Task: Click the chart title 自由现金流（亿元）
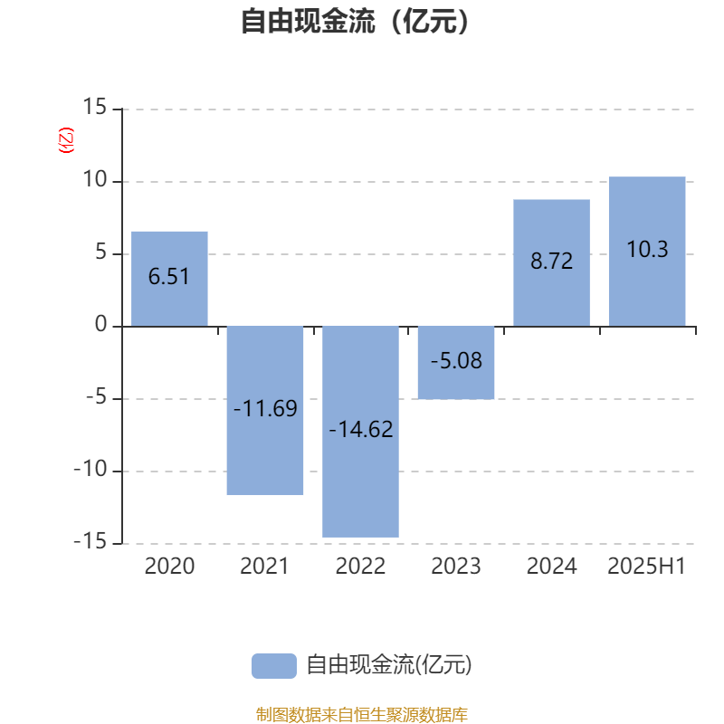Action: pyautogui.click(x=355, y=21)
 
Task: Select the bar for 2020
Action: pyautogui.click(x=169, y=279)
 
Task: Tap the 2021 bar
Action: pyautogui.click(x=265, y=411)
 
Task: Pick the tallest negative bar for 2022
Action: pyautogui.click(x=360, y=432)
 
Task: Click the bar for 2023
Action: pyautogui.click(x=456, y=363)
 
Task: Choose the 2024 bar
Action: pyautogui.click(x=552, y=263)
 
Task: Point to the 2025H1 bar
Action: pyautogui.click(x=647, y=252)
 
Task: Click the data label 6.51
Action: pyautogui.click(x=169, y=277)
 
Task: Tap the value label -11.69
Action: pyautogui.click(x=265, y=408)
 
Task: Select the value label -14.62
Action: pyautogui.click(x=361, y=429)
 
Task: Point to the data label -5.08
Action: pyautogui.click(x=457, y=360)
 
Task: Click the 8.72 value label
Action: pyautogui.click(x=552, y=261)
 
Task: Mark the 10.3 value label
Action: pyautogui.click(x=647, y=250)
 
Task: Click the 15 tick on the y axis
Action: pyautogui.click(x=95, y=107)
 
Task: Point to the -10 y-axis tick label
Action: pyautogui.click(x=90, y=469)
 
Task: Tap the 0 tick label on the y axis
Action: pyautogui.click(x=100, y=324)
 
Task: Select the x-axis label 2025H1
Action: pyautogui.click(x=646, y=567)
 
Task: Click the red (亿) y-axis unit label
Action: pyautogui.click(x=66, y=140)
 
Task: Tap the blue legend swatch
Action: pyautogui.click(x=274, y=666)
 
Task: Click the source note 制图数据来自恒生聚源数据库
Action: pyautogui.click(x=362, y=714)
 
